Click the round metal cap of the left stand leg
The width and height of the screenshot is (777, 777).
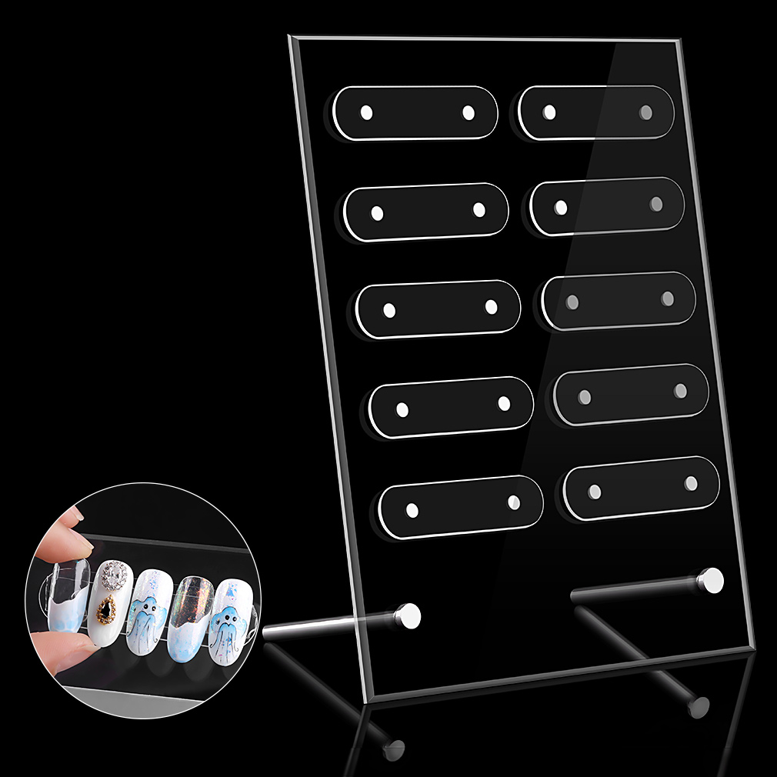409,615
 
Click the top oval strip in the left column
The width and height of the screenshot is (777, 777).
416,112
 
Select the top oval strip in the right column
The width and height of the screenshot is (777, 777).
596,112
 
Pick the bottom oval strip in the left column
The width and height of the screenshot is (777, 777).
461,506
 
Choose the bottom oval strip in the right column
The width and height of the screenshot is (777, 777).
642,487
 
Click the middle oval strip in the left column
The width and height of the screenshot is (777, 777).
439,308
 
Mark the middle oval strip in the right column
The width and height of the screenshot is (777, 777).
619,300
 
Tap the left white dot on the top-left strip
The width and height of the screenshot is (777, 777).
366,112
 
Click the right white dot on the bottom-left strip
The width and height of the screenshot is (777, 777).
513,503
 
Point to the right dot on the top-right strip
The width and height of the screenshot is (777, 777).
645,112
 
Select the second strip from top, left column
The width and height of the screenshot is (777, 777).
426,211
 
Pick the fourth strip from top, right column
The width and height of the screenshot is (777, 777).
631,393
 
